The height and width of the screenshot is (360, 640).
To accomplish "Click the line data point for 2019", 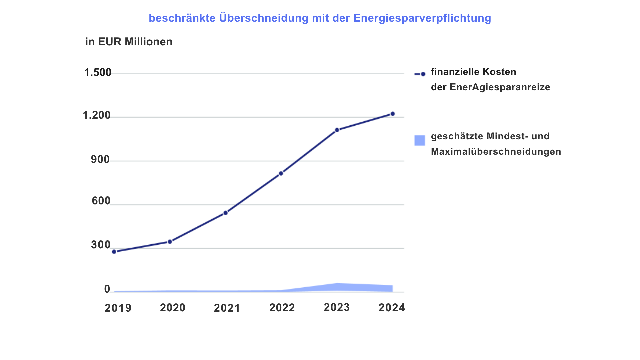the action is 114,252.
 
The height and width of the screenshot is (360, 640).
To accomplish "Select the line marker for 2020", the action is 170,242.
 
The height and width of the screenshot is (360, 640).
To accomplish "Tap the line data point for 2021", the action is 226,213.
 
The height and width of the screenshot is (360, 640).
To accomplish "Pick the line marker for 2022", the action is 281,173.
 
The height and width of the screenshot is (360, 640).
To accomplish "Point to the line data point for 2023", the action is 337,130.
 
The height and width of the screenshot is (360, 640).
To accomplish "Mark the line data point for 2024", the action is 393,114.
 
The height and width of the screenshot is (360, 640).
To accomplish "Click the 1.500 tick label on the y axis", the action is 98,72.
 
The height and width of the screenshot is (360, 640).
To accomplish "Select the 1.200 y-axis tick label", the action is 97,115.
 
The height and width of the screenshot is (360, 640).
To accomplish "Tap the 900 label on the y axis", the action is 100,160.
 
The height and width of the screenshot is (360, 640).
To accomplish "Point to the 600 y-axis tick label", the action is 101,201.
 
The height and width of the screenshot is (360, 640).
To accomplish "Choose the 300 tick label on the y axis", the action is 101,245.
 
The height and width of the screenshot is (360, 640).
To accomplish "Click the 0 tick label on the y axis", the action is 107,289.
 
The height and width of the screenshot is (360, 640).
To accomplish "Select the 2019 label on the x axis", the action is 118,308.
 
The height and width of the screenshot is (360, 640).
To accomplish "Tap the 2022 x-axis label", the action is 282,308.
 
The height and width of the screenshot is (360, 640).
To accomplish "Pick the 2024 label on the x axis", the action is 392,308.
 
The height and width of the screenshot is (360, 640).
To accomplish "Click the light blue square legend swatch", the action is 420,140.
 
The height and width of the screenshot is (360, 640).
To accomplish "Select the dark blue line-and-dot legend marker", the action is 420,74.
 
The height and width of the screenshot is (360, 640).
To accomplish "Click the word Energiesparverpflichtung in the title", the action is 422,18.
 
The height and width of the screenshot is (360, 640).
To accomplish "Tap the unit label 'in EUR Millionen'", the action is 129,42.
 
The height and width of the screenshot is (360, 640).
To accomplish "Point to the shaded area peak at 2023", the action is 337,283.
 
